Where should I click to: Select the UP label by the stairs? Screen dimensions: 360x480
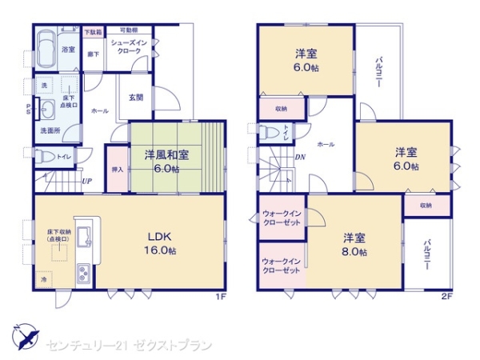click(x=86, y=182)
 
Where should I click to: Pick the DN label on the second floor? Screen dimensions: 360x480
click(x=300, y=157)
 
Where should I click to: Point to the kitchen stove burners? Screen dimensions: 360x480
click(x=84, y=274)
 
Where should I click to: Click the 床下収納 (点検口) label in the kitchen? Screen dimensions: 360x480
click(x=57, y=235)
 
